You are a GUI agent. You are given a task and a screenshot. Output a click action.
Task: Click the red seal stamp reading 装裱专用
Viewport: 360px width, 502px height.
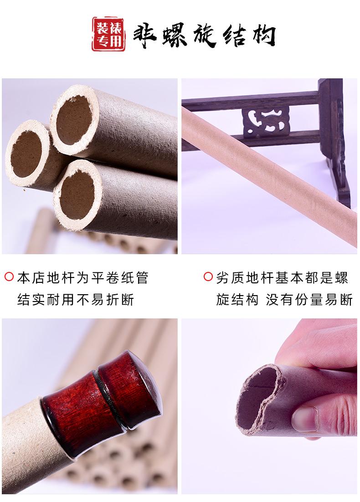coord(108,35)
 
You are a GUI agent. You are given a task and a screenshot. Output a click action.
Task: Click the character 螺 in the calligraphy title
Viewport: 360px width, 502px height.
coord(174,34)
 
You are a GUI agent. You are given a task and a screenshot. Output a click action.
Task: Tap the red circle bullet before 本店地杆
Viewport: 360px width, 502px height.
coord(9,277)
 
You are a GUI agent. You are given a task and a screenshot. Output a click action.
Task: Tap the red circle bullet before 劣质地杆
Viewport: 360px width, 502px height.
coord(208,277)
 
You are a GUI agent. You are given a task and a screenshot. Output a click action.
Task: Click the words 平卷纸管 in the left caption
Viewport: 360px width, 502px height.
coord(120,277)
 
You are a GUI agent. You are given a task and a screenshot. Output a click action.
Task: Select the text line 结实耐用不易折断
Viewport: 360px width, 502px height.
coord(76,300)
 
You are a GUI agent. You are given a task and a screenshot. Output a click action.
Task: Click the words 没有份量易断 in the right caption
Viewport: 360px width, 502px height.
coord(309,300)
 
